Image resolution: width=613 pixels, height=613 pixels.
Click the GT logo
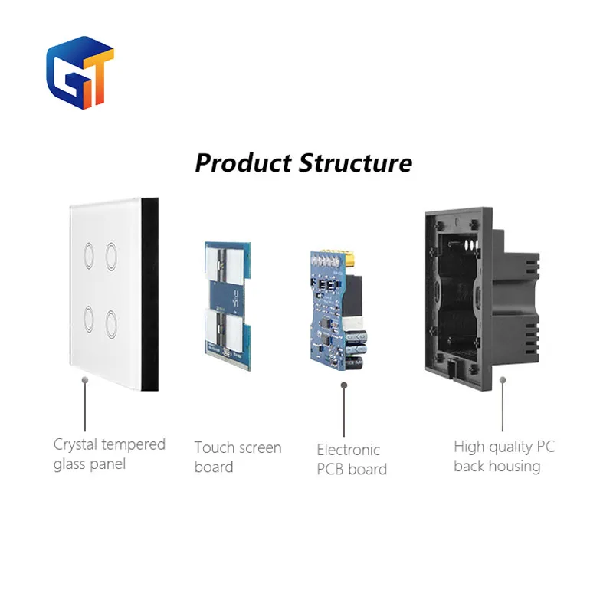point(80,72)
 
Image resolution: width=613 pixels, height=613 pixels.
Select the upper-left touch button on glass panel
point(87,253)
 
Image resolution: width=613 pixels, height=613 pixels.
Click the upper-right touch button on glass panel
point(113,253)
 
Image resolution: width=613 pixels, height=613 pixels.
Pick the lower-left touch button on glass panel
point(87,317)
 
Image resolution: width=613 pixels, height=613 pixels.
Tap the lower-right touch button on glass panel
point(113,317)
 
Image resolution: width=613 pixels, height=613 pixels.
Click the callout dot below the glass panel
point(85,379)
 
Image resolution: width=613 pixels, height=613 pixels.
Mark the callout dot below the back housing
point(503,379)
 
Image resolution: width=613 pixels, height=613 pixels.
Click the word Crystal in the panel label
point(76,444)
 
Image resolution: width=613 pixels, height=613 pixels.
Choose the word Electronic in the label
point(349,450)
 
